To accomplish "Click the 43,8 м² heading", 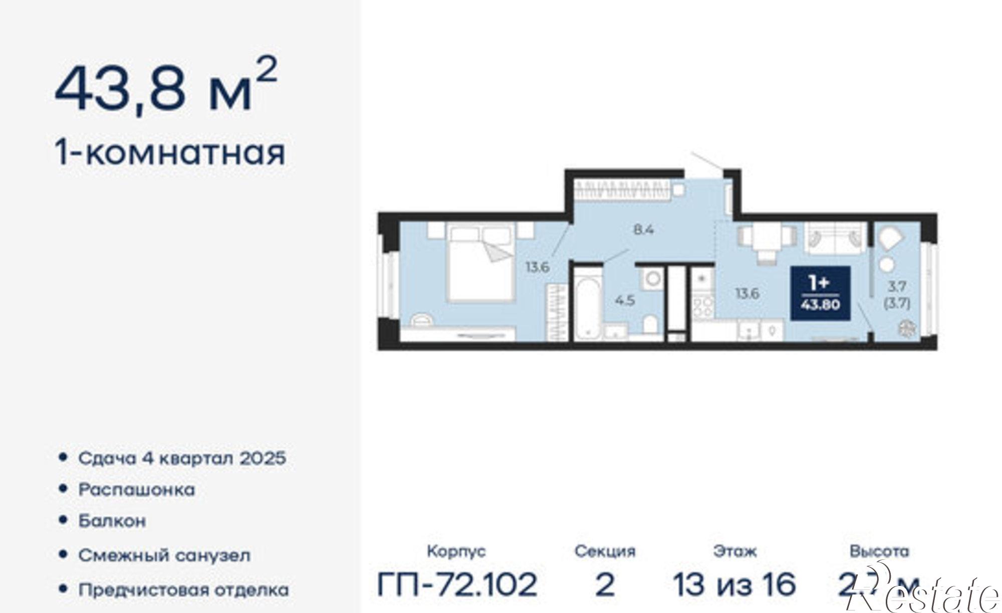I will point(165,88).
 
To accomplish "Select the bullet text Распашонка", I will point(137,489).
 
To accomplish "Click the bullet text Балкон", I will point(112,521).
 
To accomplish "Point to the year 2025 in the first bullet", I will point(262,458).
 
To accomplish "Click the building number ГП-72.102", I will point(456,584).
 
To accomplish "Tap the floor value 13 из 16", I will point(734,584).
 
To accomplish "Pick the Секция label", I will point(605,551).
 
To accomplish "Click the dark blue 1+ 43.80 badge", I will point(820,293).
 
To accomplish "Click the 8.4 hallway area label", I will point(644,230).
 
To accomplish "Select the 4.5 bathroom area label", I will point(625,300).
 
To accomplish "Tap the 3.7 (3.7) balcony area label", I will point(896,294).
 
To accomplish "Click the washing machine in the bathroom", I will point(652,278).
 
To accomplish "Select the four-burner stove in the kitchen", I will point(703,306).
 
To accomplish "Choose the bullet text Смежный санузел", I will point(164,555).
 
